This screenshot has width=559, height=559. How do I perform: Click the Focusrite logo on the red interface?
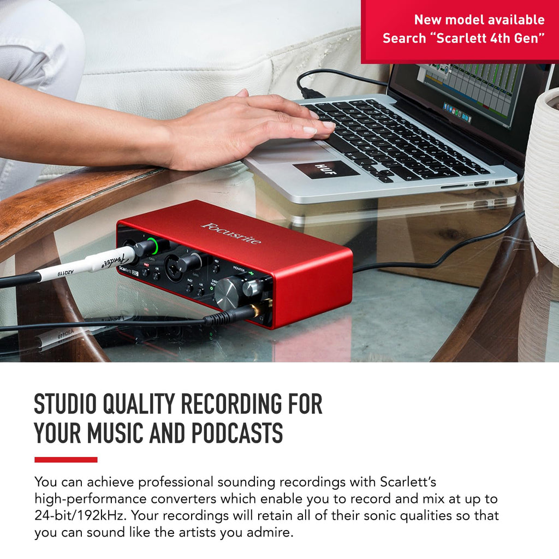coord(231,233)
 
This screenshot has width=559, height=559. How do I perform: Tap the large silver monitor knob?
coord(227,292)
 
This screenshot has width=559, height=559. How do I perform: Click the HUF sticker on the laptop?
coord(325,170)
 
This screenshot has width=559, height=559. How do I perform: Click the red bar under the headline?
coord(66,460)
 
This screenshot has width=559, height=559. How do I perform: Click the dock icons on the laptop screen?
coord(457,111)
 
